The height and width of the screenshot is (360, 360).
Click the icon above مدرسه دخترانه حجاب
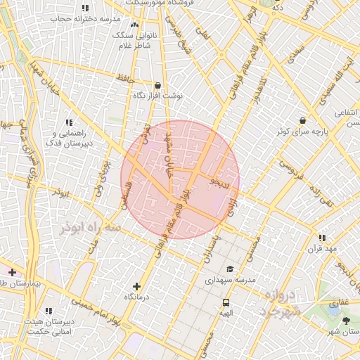[x=85, y=8]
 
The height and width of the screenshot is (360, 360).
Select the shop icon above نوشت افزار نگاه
[x=157, y=84]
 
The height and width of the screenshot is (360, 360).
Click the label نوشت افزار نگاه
[x=158, y=94]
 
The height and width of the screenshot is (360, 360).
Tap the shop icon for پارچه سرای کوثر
[x=302, y=120]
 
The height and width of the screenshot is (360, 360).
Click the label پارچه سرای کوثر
[x=302, y=131]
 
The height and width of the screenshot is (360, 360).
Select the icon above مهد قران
[x=322, y=238]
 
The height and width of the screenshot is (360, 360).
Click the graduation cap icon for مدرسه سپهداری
[x=229, y=269]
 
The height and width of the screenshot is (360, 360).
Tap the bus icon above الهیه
[x=226, y=302]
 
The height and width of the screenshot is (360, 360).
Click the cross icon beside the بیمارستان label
[x=12, y=272]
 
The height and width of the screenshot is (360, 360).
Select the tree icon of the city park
[x=346, y=321]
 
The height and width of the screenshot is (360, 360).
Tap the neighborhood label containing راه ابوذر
[x=86, y=230]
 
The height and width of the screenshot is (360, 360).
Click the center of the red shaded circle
[x=180, y=179]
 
